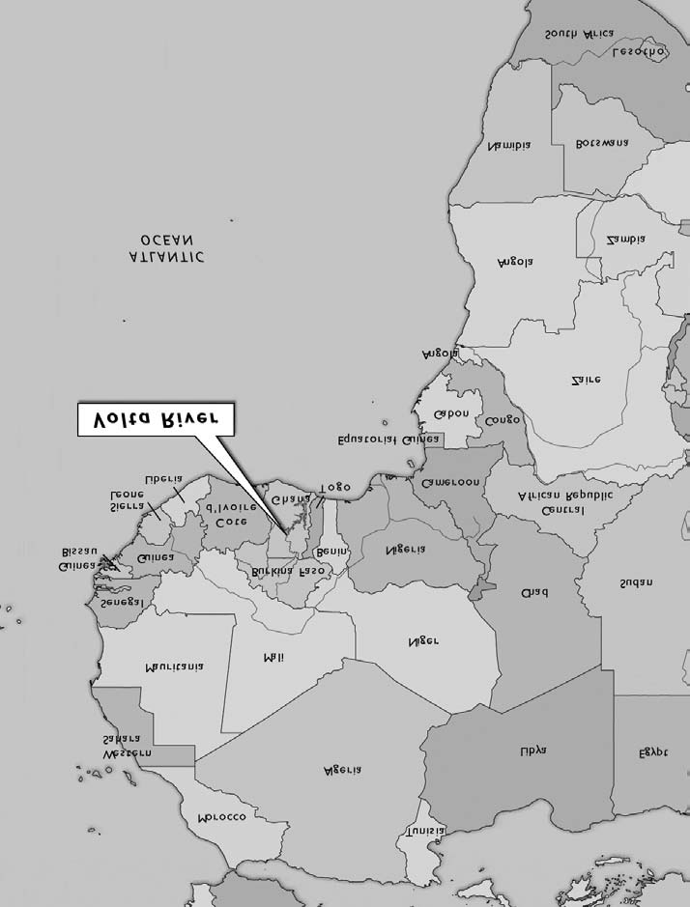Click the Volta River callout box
pyautogui.click(x=155, y=424)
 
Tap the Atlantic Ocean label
pyautogui.click(x=166, y=248)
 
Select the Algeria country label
pyautogui.click(x=342, y=770)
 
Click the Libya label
pyautogui.click(x=532, y=750)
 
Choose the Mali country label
pyautogui.click(x=273, y=657)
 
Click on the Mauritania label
pyautogui.click(x=174, y=666)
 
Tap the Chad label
pyautogui.click(x=533, y=588)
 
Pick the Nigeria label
pyautogui.click(x=407, y=550)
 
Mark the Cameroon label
pyautogui.click(x=450, y=482)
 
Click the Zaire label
pyautogui.click(x=586, y=380)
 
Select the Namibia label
pyautogui.click(x=509, y=146)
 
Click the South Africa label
pyautogui.click(x=580, y=34)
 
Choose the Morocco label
pyautogui.click(x=222, y=816)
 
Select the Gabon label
pyautogui.click(x=451, y=413)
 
